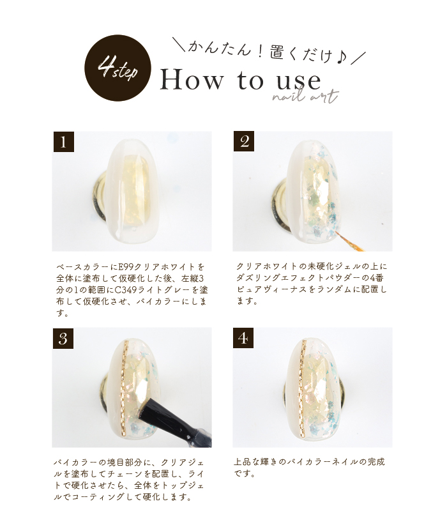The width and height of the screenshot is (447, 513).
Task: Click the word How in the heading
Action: pyautogui.click(x=192, y=80)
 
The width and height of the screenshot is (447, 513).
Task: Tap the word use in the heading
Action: pyautogui.click(x=299, y=81)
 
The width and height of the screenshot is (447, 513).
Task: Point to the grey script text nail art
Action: pyautogui.click(x=305, y=96)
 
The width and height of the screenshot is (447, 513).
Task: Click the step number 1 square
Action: pyautogui.click(x=64, y=142)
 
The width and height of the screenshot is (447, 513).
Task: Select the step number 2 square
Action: pyautogui.click(x=244, y=141)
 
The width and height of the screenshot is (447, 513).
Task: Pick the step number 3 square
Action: pyautogui.click(x=63, y=339)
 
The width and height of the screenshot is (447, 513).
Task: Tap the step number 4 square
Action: pyautogui.click(x=243, y=338)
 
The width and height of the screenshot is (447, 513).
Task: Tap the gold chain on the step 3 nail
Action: pyautogui.click(x=123, y=389)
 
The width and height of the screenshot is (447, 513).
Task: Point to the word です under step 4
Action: pyautogui.click(x=244, y=473)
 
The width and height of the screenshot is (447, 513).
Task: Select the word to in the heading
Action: pyautogui.click(x=250, y=80)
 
